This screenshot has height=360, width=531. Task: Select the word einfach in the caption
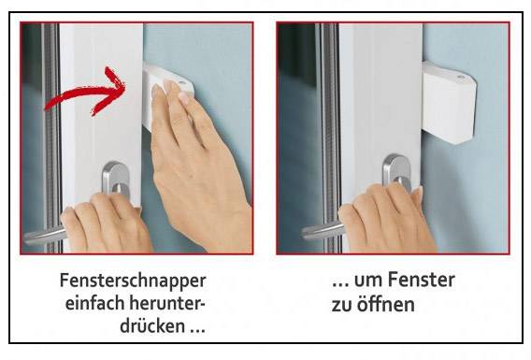pos(93,305)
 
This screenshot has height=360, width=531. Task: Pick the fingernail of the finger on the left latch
pos(184,95)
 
